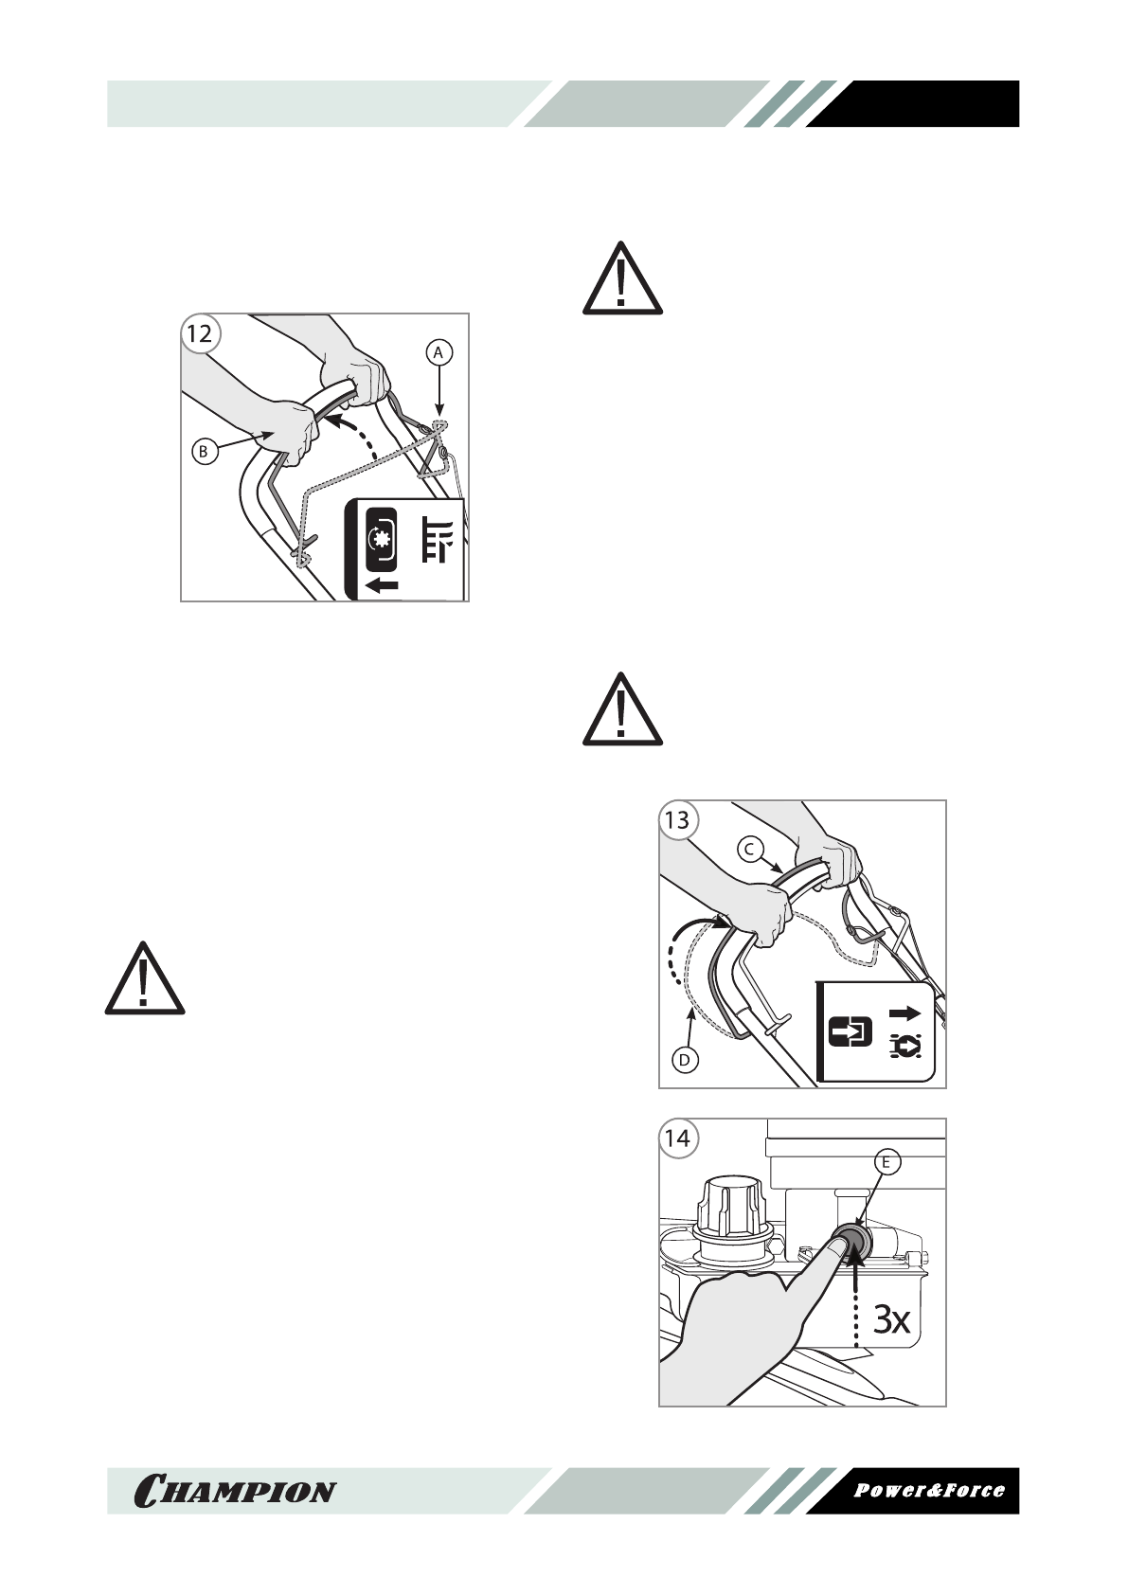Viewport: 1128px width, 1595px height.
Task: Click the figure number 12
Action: [200, 332]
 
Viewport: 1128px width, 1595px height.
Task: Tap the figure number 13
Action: [677, 819]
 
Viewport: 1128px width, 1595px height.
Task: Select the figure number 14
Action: [677, 1138]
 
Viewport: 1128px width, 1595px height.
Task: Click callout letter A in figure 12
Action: [438, 352]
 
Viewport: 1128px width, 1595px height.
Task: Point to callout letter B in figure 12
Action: [203, 452]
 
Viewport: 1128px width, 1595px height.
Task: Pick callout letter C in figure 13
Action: [748, 850]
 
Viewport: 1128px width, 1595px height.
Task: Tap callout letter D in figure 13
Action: [684, 1060]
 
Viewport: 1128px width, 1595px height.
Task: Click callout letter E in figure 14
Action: [886, 1162]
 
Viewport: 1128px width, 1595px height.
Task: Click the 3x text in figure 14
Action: [890, 1318]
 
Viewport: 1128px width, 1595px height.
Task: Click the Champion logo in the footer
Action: [235, 1490]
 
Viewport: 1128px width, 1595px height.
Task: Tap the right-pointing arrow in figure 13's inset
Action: [904, 1013]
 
